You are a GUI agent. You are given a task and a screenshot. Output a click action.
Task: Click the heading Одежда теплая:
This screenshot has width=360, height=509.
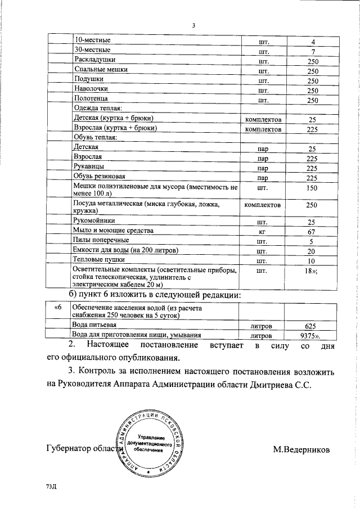pos(98,109)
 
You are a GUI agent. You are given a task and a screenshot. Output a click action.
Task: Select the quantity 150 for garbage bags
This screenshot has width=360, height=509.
pos(313,188)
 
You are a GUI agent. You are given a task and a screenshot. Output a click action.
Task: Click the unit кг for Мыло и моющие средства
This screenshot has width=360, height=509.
pos(262,232)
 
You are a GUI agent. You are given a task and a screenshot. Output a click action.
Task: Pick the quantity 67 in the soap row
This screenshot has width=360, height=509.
pos(313,232)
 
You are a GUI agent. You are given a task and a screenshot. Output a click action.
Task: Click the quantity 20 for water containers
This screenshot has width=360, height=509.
pos(313,251)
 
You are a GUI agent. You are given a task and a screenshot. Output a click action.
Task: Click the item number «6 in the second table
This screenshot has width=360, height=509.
pos(57,308)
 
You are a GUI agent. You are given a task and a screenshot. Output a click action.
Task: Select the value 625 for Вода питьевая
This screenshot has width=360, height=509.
pos(313,326)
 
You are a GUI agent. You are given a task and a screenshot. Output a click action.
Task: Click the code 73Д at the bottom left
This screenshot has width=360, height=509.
pos(52,485)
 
